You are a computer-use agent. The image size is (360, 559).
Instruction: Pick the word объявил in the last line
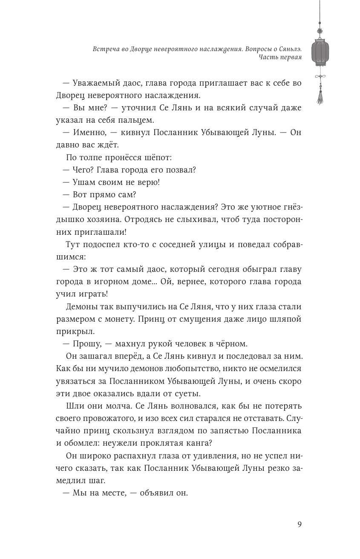click(153, 493)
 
